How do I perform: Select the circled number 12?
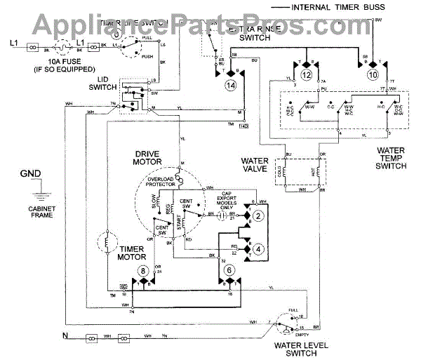[306, 74]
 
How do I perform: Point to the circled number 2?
[258, 216]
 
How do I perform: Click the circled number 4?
[258, 248]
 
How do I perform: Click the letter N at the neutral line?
[64, 335]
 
